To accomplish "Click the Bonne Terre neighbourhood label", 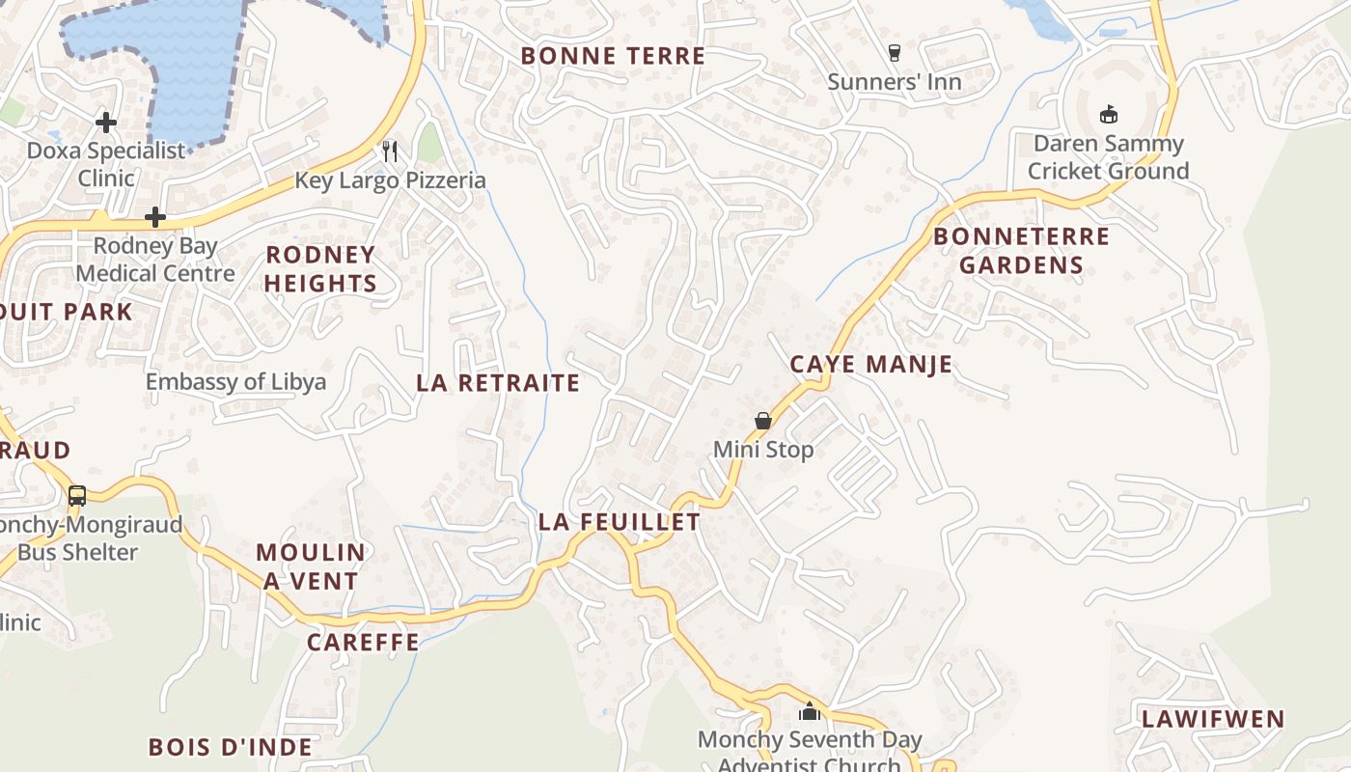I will pos(613,56).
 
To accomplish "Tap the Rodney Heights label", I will pos(319,269).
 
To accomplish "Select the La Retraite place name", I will pos(498,383).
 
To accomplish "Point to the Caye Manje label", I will pos(870,365).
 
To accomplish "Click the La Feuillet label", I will pos(619,522).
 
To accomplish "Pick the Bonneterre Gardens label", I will pos(1021,251).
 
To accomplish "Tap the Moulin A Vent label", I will pos(310,566).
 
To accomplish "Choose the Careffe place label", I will pos(363,643).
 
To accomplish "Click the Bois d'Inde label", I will pos(230,747).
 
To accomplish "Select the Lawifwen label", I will pos(1212,719).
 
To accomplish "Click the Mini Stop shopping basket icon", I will pos(762,421).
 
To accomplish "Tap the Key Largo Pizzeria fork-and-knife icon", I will pos(390,151).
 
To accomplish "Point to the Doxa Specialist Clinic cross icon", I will pos(106,123).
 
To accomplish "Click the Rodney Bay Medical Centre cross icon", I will pos(154,217).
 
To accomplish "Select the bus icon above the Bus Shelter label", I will pos(77,496).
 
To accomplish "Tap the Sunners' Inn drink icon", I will pos(894,52).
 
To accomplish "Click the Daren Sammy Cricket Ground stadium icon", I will pos(1108,114).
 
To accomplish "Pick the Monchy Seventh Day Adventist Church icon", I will pos(809,712).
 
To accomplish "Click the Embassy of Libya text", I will pos(235,382).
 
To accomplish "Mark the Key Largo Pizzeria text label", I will pos(390,180).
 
